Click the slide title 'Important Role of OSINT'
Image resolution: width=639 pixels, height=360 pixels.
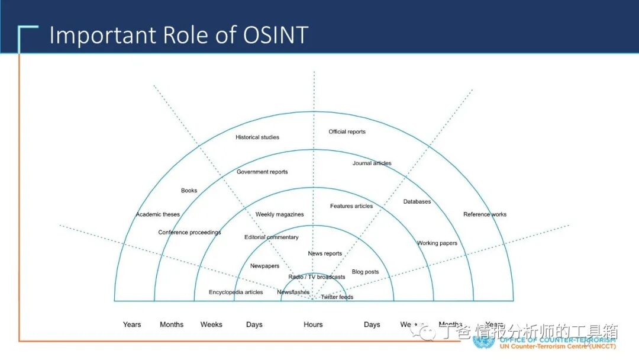click(x=178, y=35)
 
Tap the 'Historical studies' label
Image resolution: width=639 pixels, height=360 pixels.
click(x=257, y=137)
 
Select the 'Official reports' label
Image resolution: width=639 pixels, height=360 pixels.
click(x=347, y=132)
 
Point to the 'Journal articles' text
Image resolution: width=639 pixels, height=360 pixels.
click(x=372, y=163)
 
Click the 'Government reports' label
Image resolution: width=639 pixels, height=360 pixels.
click(x=262, y=172)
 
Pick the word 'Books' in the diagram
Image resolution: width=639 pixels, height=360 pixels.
click(x=189, y=191)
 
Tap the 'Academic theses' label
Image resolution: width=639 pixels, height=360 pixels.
click(x=158, y=214)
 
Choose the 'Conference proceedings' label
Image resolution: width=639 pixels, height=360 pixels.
click(x=189, y=233)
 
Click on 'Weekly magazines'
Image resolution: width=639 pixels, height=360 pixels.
click(x=280, y=214)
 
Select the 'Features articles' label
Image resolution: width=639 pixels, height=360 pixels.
click(x=351, y=206)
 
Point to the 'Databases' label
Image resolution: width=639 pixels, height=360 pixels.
click(x=417, y=202)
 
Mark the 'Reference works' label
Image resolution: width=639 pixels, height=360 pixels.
click(x=485, y=214)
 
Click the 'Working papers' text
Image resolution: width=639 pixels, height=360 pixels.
click(x=437, y=243)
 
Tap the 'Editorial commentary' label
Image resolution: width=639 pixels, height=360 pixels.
click(x=272, y=237)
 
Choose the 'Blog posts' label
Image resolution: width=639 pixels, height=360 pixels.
click(x=365, y=272)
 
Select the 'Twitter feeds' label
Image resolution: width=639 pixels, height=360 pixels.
click(x=337, y=297)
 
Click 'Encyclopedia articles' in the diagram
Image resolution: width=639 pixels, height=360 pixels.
click(x=236, y=292)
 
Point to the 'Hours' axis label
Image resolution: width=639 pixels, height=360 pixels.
click(x=314, y=324)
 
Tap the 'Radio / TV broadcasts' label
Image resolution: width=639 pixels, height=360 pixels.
click(x=317, y=277)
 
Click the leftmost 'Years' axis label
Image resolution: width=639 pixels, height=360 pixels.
click(x=132, y=324)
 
